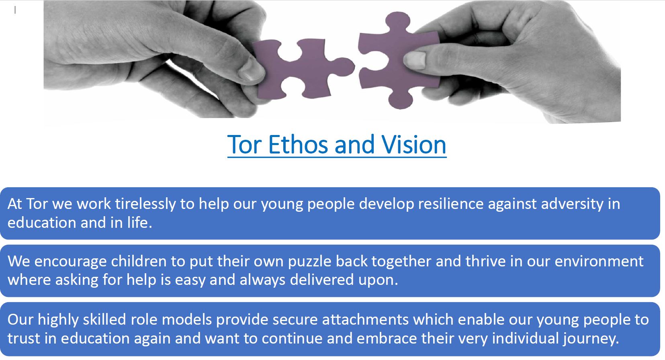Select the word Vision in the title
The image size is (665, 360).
(414, 145)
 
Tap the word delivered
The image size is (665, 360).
(322, 280)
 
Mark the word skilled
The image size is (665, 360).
(104, 320)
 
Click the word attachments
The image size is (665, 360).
(366, 320)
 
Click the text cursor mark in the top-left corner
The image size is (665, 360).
(15, 10)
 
